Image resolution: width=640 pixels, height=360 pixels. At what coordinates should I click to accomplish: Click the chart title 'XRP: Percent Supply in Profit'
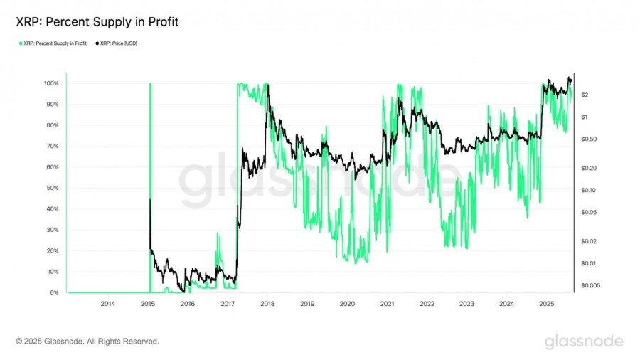pos(97,22)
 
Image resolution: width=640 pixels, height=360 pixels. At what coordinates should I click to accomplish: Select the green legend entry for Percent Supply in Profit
pos(53,44)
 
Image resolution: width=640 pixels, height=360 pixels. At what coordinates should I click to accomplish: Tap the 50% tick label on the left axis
pos(52,188)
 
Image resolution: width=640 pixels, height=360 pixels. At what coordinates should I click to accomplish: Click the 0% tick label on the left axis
pos(54,292)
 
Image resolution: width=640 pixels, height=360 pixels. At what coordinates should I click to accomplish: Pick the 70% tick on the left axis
pos(52,146)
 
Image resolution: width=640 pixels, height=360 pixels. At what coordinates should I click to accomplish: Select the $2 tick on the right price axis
pos(584,95)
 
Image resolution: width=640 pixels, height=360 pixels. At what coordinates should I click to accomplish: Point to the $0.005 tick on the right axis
pos(590,285)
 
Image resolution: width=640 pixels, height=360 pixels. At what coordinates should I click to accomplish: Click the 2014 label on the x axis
pos(107,304)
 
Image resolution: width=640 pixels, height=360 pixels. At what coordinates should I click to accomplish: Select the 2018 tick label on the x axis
pos(267,304)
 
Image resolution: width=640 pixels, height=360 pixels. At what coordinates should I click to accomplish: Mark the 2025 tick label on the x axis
pos(546,304)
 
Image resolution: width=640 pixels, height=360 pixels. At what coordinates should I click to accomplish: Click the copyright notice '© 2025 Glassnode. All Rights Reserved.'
pos(87,342)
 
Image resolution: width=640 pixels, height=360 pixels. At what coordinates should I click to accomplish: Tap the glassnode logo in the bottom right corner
pos(584,342)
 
